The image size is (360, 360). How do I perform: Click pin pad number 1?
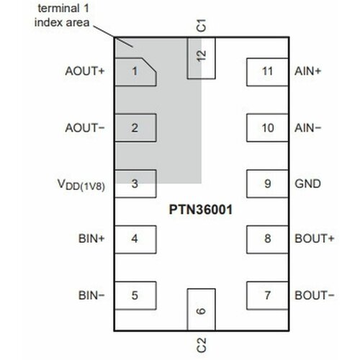tap(135, 71)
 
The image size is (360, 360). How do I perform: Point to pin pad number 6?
tap(201, 311)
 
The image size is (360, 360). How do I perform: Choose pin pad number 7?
tap(267, 294)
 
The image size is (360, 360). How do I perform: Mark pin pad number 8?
tap(267, 239)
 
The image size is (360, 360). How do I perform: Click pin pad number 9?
tap(267, 184)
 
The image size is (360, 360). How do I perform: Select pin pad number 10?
tap(267, 129)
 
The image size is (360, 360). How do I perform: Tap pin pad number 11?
tap(267, 72)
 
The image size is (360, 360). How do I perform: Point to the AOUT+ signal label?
tap(85, 72)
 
